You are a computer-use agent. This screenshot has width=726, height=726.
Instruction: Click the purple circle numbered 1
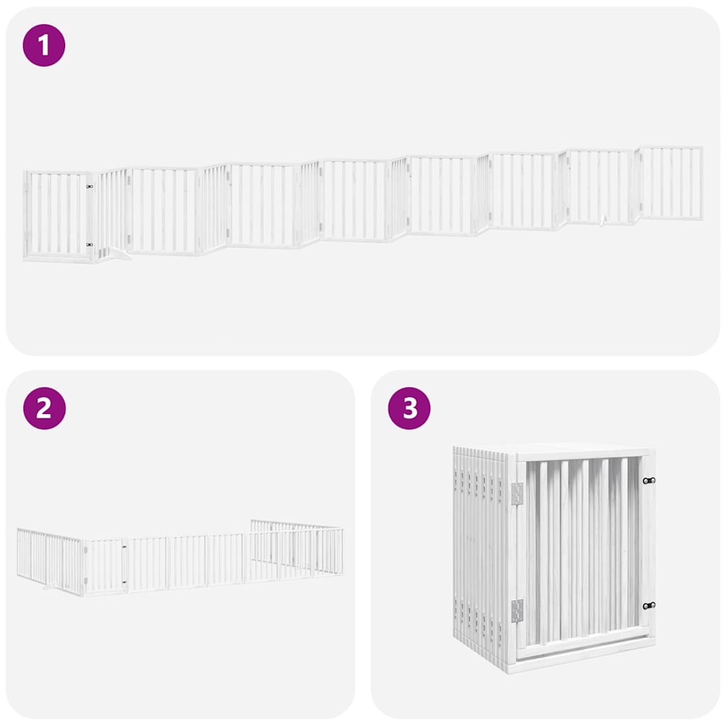click(44, 45)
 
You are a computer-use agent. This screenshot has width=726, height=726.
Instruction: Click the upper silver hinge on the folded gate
click(517, 493)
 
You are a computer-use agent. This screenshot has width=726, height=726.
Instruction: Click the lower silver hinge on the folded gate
click(517, 610)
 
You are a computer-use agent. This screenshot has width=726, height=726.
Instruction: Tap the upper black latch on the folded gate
click(648, 481)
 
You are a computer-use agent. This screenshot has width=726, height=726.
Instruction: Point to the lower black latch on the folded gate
click(648, 605)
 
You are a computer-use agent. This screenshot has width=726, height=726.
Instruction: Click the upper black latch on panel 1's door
click(89, 187)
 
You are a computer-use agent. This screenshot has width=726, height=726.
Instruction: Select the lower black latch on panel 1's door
click(89, 245)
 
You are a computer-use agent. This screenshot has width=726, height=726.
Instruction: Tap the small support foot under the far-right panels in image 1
click(602, 222)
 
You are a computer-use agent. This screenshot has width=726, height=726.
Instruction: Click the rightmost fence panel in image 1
click(671, 183)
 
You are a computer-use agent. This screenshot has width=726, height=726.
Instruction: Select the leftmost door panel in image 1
click(58, 216)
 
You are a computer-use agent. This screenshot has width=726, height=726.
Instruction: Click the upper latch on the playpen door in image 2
click(124, 547)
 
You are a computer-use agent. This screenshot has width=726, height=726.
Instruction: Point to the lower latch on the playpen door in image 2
click(124, 582)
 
